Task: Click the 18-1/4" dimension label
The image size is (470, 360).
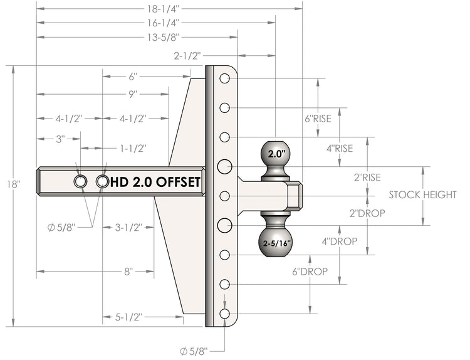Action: tap(163, 9)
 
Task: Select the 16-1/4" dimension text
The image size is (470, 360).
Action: tap(163, 23)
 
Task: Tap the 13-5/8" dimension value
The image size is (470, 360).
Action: tap(163, 38)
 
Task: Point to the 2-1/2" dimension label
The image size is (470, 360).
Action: tap(187, 56)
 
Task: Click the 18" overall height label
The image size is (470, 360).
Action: tap(14, 184)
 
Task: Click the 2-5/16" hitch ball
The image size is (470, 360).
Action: tap(275, 243)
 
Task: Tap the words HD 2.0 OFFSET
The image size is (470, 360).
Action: tap(155, 182)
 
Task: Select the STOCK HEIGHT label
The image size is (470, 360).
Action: tap(422, 195)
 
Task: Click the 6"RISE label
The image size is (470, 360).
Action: tap(318, 119)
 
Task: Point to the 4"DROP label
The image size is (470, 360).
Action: tap(340, 241)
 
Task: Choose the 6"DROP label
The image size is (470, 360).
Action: tap(310, 272)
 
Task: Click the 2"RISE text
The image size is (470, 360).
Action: tap(367, 177)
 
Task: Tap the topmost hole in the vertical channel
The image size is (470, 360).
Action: tap(224, 78)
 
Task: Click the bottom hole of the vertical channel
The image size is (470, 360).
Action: tap(224, 314)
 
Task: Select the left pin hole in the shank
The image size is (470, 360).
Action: tap(80, 181)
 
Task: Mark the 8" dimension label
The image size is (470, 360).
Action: tap(128, 272)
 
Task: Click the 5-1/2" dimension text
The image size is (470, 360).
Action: tap(128, 317)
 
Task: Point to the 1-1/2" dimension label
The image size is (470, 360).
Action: tap(133, 149)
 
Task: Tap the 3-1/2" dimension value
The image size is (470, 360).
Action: tap(128, 228)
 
